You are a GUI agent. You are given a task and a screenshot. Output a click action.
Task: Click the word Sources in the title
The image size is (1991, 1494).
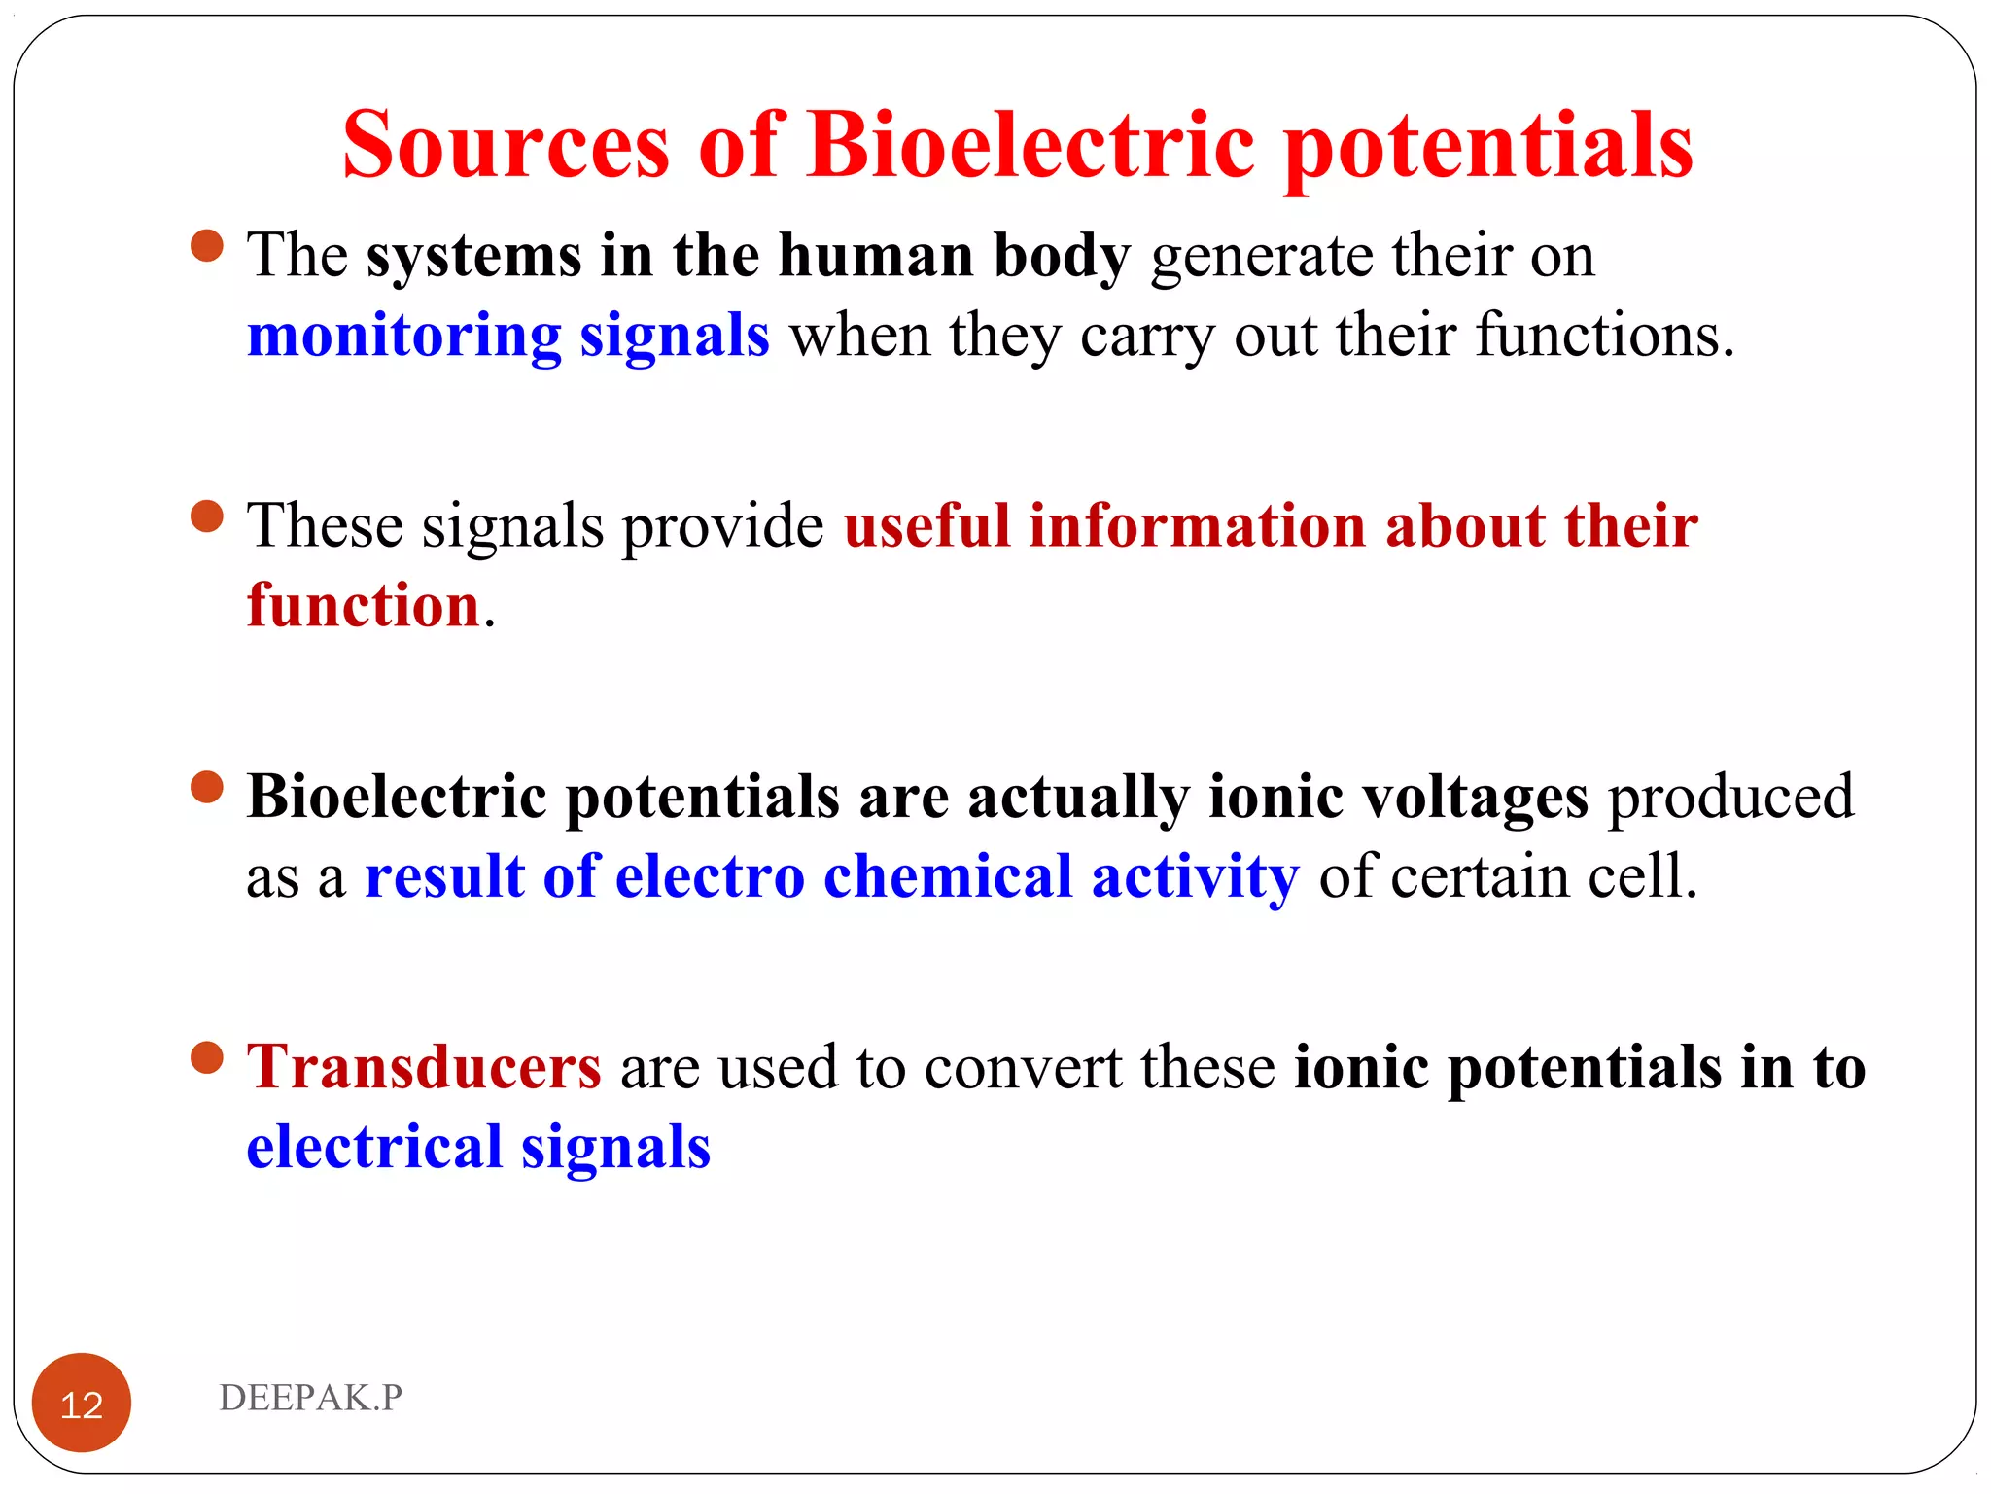[506, 146]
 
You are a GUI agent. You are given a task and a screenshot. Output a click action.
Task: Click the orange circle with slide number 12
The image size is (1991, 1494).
[82, 1403]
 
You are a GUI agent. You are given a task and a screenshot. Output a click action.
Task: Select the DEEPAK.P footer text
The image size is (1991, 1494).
[310, 1397]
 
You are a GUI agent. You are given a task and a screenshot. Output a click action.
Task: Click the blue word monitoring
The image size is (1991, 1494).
[403, 336]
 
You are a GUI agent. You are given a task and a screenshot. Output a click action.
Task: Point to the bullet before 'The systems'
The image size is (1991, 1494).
[207, 245]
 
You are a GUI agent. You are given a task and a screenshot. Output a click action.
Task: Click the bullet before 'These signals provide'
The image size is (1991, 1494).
[207, 516]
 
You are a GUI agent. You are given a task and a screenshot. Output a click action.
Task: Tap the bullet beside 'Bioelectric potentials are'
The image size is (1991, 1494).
[207, 786]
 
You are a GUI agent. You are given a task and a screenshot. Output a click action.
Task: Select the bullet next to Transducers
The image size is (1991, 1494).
[207, 1056]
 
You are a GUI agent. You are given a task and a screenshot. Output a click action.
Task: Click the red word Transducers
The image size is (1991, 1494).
[424, 1067]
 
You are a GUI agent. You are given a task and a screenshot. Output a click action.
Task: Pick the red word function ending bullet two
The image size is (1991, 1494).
[364, 606]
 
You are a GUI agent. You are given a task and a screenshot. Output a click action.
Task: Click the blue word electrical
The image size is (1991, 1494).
[374, 1147]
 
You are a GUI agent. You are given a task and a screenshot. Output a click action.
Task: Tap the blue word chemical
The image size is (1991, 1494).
[948, 876]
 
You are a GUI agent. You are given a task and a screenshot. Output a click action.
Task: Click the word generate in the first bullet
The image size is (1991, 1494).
[1261, 258]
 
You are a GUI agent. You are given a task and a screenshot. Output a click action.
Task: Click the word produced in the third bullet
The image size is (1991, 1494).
[1730, 798]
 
